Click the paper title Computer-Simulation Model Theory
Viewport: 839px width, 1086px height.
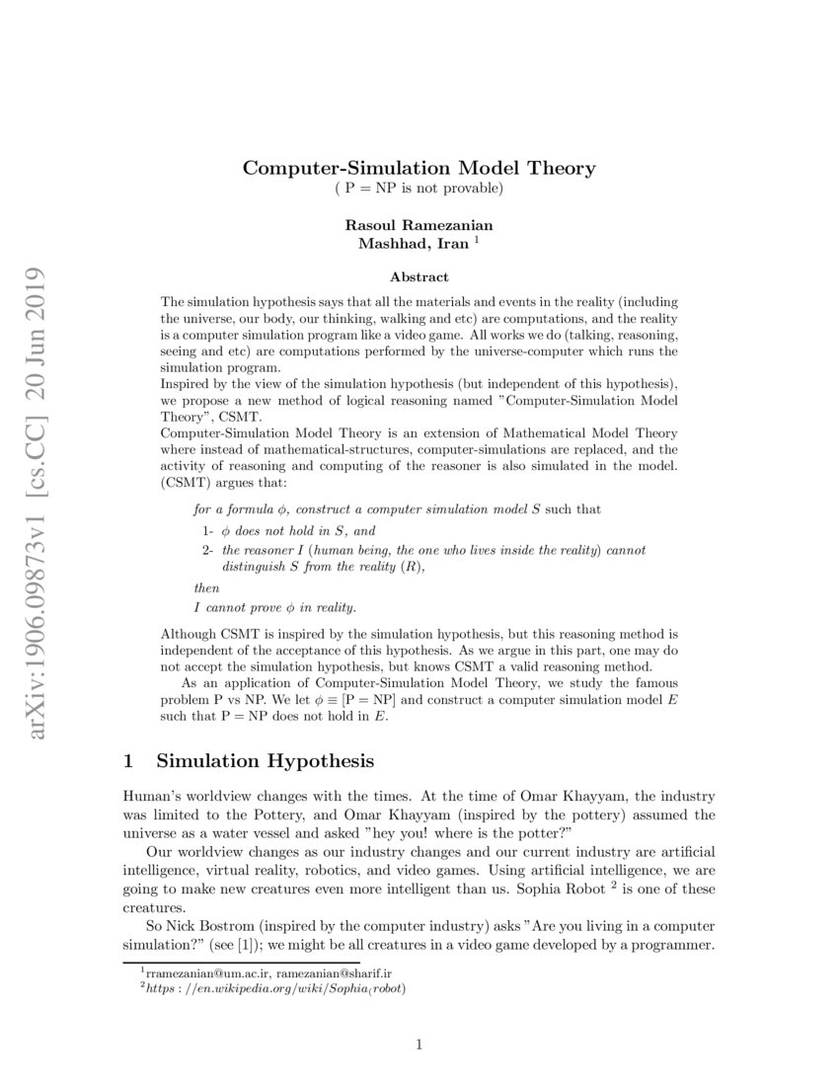tap(419, 168)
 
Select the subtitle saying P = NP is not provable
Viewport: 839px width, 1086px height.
tap(419, 188)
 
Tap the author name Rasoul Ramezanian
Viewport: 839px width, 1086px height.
tap(419, 225)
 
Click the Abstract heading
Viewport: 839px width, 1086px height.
tap(419, 277)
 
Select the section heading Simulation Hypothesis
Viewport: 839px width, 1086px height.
tap(266, 761)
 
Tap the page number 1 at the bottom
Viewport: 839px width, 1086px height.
tap(419, 1046)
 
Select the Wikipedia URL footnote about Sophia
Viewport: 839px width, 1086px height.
tap(275, 987)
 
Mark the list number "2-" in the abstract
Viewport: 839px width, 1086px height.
tap(209, 550)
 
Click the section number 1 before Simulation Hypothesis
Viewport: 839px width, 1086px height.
tap(128, 761)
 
